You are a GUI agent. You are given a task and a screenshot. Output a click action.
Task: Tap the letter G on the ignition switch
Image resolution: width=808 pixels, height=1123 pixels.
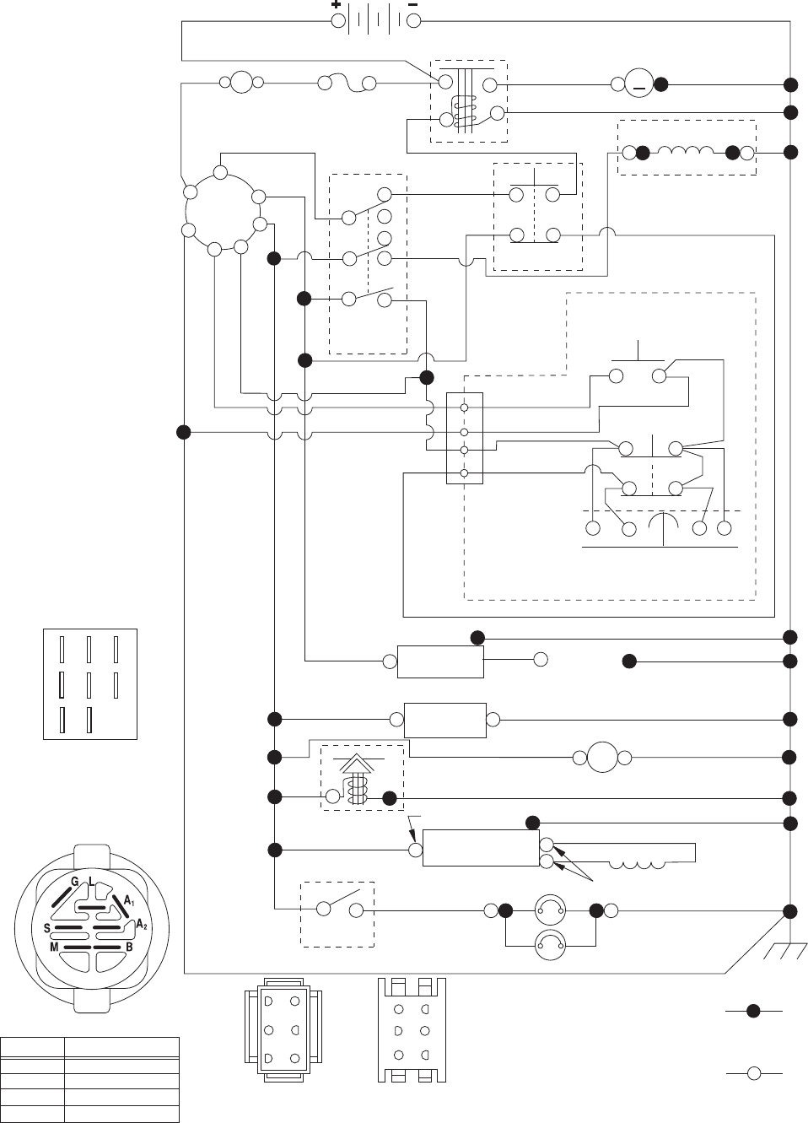74,882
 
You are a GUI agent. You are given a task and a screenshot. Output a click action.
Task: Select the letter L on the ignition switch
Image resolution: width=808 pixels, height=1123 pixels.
91,882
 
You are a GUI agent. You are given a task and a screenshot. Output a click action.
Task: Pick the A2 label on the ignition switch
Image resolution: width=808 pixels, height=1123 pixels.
141,926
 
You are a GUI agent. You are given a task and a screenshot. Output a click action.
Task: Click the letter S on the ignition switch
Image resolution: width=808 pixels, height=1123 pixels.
47,928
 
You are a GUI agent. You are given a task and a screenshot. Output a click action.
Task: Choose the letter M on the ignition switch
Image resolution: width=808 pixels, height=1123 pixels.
54,947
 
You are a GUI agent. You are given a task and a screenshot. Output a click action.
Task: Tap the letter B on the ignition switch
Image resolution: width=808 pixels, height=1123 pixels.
129,947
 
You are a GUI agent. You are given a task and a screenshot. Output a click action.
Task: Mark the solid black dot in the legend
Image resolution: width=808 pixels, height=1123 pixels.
754,1010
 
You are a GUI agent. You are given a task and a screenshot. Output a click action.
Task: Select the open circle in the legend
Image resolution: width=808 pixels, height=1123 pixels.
754,1072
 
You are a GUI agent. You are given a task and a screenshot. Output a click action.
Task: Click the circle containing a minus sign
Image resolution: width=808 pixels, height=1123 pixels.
639,84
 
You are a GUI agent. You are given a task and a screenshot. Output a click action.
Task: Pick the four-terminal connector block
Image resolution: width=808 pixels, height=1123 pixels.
464,439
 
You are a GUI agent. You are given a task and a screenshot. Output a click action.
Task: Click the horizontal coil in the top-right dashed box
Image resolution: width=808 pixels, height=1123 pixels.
687,152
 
